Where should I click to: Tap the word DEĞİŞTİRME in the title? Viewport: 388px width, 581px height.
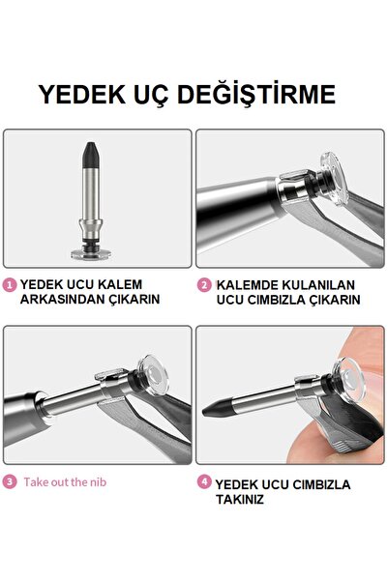pos(256,94)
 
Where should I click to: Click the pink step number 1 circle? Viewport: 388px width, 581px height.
pos(10,285)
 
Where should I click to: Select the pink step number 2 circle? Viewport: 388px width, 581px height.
pos(203,285)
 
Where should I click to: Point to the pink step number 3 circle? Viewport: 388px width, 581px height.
pos(10,482)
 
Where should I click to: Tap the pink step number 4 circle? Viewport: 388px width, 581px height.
pos(203,482)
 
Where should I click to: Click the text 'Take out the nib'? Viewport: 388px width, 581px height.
pos(65,482)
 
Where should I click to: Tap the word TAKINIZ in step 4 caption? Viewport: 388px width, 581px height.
pos(240,500)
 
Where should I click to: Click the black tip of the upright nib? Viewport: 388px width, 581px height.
pos(90,156)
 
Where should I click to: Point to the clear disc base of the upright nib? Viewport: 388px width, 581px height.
pos(91,254)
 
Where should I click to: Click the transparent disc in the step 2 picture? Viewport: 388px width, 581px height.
pos(335,179)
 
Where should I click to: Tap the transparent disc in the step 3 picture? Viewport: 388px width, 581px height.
pos(153,376)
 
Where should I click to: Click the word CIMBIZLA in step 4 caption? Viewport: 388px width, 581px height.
pos(321,484)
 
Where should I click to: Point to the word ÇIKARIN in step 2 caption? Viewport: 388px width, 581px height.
pos(335,300)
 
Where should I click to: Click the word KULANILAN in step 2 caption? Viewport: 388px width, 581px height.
pos(318,285)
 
